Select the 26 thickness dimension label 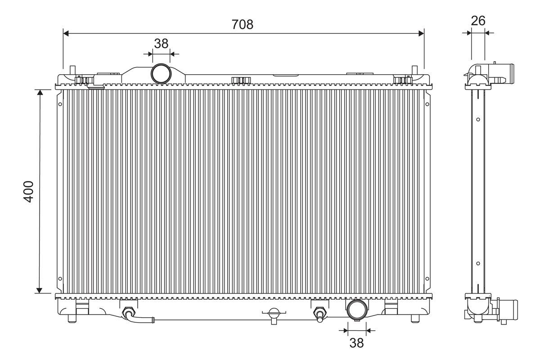click(x=478, y=21)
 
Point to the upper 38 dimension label click(x=161, y=43)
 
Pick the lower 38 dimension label click(x=356, y=343)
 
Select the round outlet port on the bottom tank click(x=356, y=310)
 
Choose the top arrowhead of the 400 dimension click(x=40, y=93)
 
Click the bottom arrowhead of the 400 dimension click(x=40, y=290)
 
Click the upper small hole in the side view click(x=478, y=120)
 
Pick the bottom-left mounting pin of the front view click(x=72, y=318)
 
